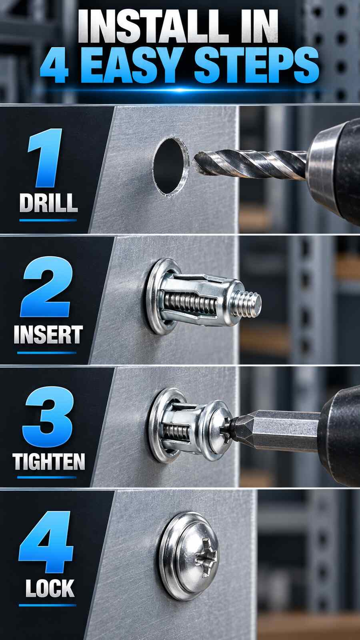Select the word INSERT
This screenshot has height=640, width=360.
click(x=48, y=334)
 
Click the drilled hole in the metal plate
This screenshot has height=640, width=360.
click(x=170, y=166)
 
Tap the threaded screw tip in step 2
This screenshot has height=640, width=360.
click(x=247, y=304)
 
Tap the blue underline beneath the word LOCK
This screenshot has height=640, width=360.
click(x=48, y=605)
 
